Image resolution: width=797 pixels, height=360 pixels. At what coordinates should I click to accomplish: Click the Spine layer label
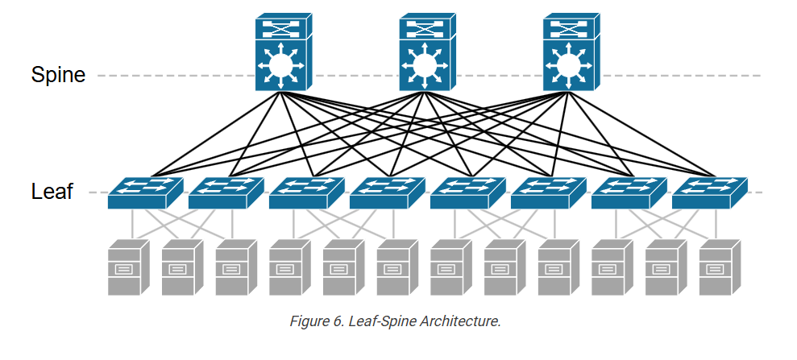(58, 75)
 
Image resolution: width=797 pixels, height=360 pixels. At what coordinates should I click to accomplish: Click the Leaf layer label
(52, 192)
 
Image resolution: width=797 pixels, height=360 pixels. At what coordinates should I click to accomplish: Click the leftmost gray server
(129, 267)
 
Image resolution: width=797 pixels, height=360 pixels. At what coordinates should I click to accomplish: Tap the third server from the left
(236, 267)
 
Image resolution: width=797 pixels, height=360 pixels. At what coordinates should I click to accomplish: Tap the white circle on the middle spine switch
(423, 64)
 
